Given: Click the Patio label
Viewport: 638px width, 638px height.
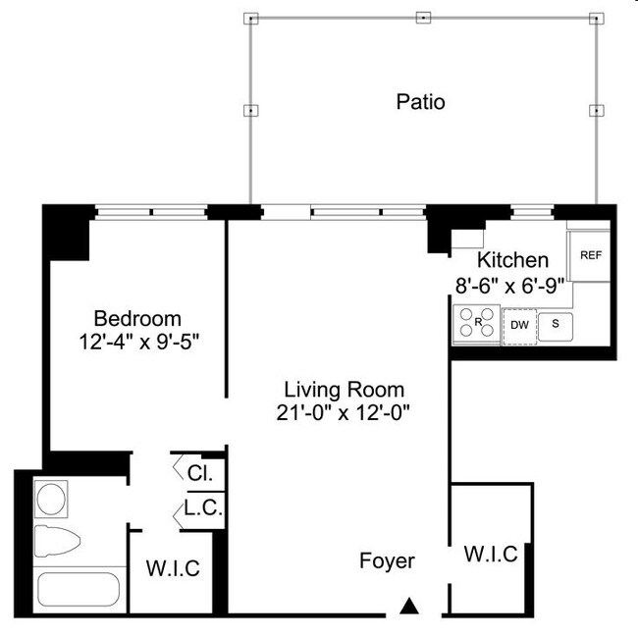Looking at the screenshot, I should click(x=420, y=102).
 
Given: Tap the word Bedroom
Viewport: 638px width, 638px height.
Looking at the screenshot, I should click(x=137, y=319).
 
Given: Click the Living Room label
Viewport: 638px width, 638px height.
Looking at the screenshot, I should click(x=343, y=390).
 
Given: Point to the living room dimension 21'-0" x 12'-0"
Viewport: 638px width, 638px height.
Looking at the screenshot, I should click(x=343, y=412).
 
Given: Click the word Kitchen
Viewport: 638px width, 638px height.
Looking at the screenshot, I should click(x=512, y=260).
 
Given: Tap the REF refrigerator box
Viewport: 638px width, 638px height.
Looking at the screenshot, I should click(x=590, y=255).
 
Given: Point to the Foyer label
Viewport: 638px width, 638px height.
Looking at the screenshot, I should click(x=387, y=561).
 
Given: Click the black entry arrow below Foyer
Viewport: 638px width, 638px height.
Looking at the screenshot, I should click(x=410, y=607).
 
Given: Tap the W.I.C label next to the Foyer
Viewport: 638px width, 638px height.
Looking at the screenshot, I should click(x=490, y=554).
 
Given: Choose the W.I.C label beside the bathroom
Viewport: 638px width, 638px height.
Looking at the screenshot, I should click(x=173, y=567).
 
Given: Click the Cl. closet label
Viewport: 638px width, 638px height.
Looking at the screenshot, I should click(x=199, y=472).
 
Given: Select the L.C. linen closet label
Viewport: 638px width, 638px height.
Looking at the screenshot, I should click(x=203, y=509).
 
